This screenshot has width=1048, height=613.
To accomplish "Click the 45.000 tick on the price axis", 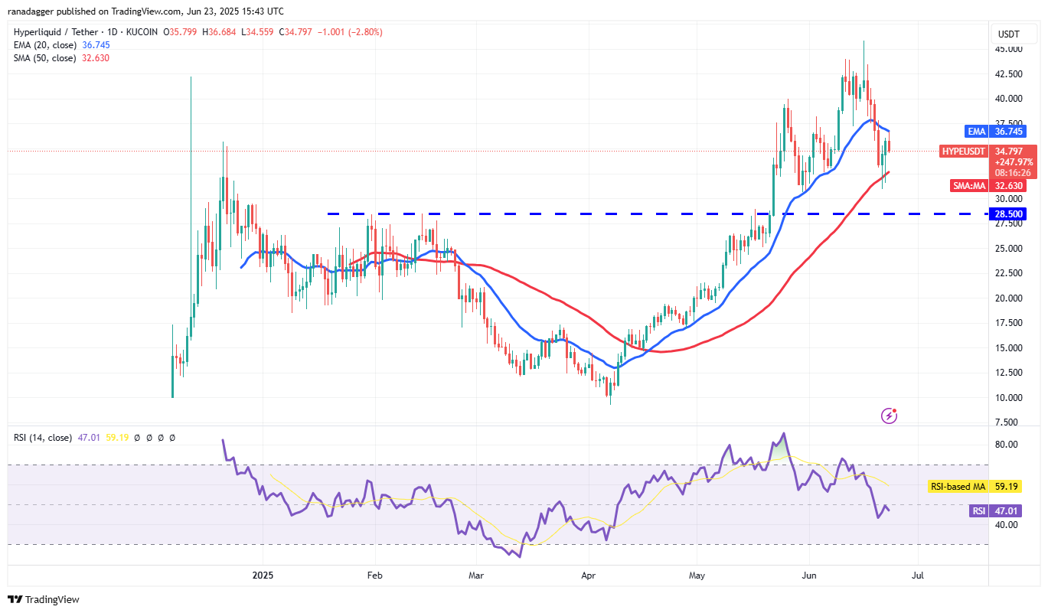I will coord(1008,49).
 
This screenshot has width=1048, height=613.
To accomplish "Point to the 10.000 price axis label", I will coord(1008,397).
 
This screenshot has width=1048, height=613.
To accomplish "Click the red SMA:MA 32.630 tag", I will coord(992,185).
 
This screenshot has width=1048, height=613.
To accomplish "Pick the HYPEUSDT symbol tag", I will coord(964,152).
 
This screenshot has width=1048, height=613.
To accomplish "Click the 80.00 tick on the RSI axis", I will coord(1007,445).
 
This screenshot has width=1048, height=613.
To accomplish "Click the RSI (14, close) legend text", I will coord(43,438).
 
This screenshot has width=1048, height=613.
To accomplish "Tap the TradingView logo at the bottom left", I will coord(44,599).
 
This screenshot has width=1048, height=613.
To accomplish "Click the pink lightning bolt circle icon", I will coord(890,416).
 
